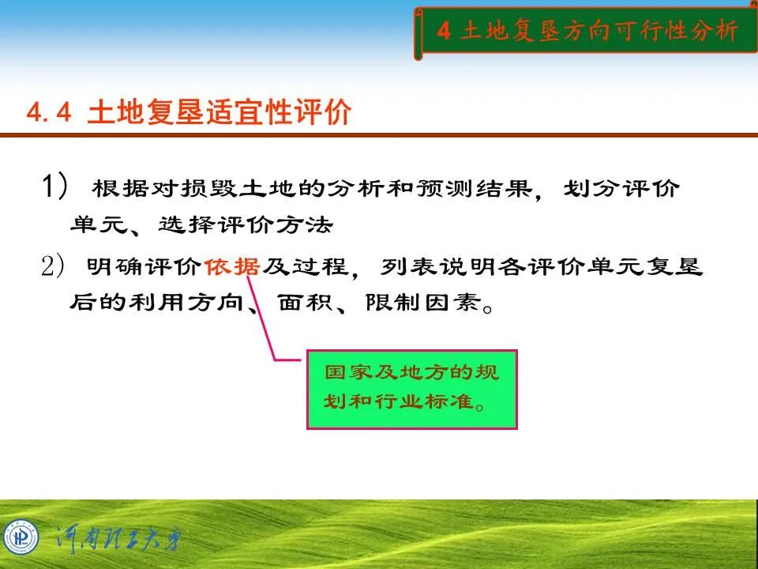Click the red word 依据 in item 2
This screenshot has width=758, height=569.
pyautogui.click(x=231, y=267)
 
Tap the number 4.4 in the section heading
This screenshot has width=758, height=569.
pyautogui.click(x=49, y=113)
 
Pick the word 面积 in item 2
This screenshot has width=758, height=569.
pyautogui.click(x=301, y=303)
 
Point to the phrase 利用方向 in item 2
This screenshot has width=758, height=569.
pyautogui.click(x=186, y=303)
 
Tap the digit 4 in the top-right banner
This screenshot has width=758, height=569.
pyautogui.click(x=444, y=31)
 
